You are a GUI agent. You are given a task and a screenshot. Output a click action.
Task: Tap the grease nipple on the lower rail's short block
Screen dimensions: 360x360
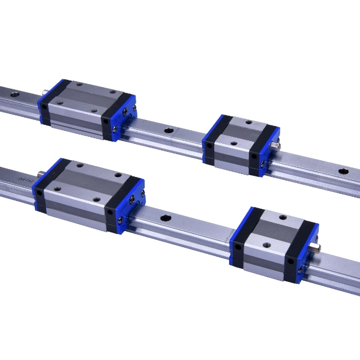click(317, 247)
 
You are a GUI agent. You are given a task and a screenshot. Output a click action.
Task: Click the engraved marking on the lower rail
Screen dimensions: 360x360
click(24, 178)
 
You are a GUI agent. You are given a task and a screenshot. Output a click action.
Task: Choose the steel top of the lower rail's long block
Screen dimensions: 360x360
click(90, 180)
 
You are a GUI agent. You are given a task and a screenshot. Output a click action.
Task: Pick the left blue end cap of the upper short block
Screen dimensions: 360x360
click(208, 144)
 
